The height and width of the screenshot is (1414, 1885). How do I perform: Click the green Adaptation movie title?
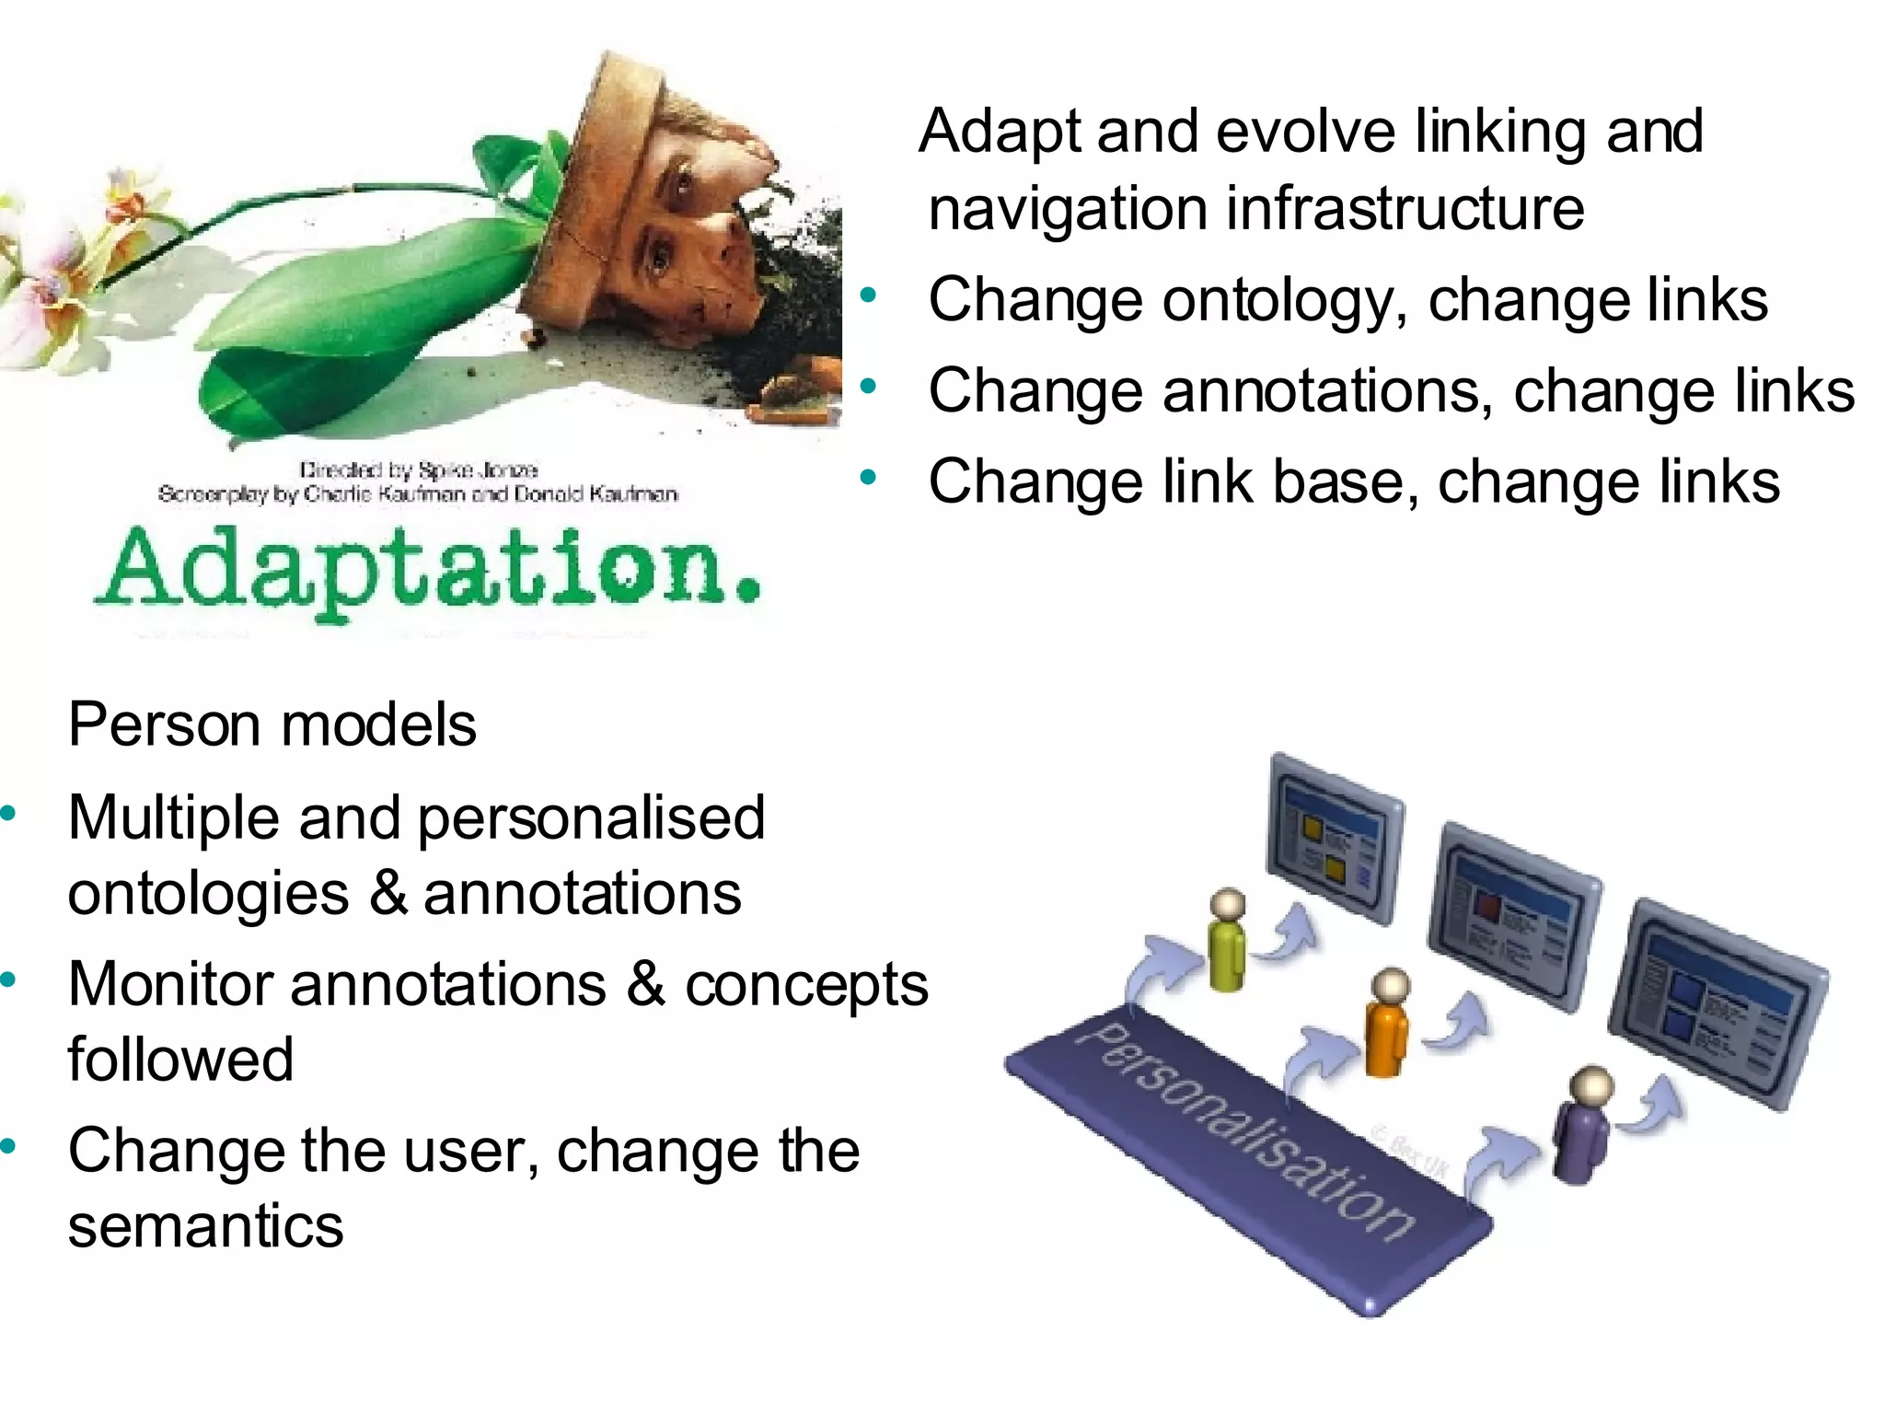pos(428,571)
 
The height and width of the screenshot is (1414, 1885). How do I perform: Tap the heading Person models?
pos(272,725)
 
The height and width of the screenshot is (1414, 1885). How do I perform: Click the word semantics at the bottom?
pos(205,1227)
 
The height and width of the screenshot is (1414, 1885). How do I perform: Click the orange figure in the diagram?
pos(1387,1022)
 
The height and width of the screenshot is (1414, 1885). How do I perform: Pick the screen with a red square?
pos(1514,915)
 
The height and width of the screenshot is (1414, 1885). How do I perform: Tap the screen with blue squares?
pos(1717,1003)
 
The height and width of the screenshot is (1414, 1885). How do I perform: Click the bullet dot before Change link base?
pos(867,478)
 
